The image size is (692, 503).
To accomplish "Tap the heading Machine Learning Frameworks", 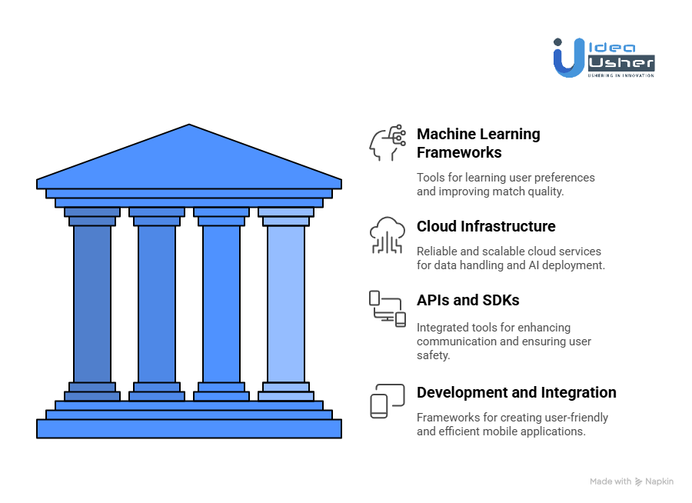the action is click(478, 143).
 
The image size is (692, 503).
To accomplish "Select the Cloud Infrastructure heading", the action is click(486, 226).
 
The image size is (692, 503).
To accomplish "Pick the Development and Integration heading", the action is click(516, 392).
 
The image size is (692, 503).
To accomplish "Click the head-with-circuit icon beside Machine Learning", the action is click(387, 142).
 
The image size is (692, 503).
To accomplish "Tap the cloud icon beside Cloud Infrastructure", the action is click(387, 235).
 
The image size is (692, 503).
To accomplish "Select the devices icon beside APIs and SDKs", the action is click(387, 308).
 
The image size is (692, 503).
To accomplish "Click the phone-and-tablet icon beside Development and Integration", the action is click(387, 401).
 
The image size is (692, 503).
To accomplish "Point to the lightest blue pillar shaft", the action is click(286, 304).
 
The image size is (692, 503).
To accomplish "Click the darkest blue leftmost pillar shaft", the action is click(92, 304).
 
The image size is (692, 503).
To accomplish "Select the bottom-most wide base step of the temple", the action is click(189, 428).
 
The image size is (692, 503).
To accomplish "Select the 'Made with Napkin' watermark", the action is click(631, 481).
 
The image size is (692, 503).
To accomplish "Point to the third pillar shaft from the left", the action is click(221, 304).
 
